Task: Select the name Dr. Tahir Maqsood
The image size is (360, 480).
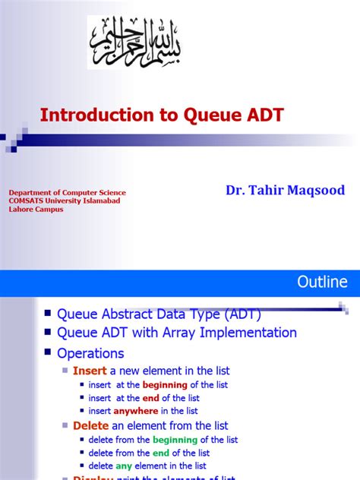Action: pyautogui.click(x=285, y=190)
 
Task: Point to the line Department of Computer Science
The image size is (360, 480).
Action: pyautogui.click(x=67, y=193)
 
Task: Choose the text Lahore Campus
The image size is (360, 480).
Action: pyautogui.click(x=36, y=210)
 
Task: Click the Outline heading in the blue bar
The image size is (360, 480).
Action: pyautogui.click(x=321, y=283)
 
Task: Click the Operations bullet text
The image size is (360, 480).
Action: pyautogui.click(x=90, y=353)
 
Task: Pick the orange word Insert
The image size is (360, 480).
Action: pyautogui.click(x=90, y=371)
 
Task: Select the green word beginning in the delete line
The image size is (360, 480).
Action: pyautogui.click(x=175, y=440)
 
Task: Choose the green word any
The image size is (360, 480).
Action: pyautogui.click(x=124, y=466)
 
